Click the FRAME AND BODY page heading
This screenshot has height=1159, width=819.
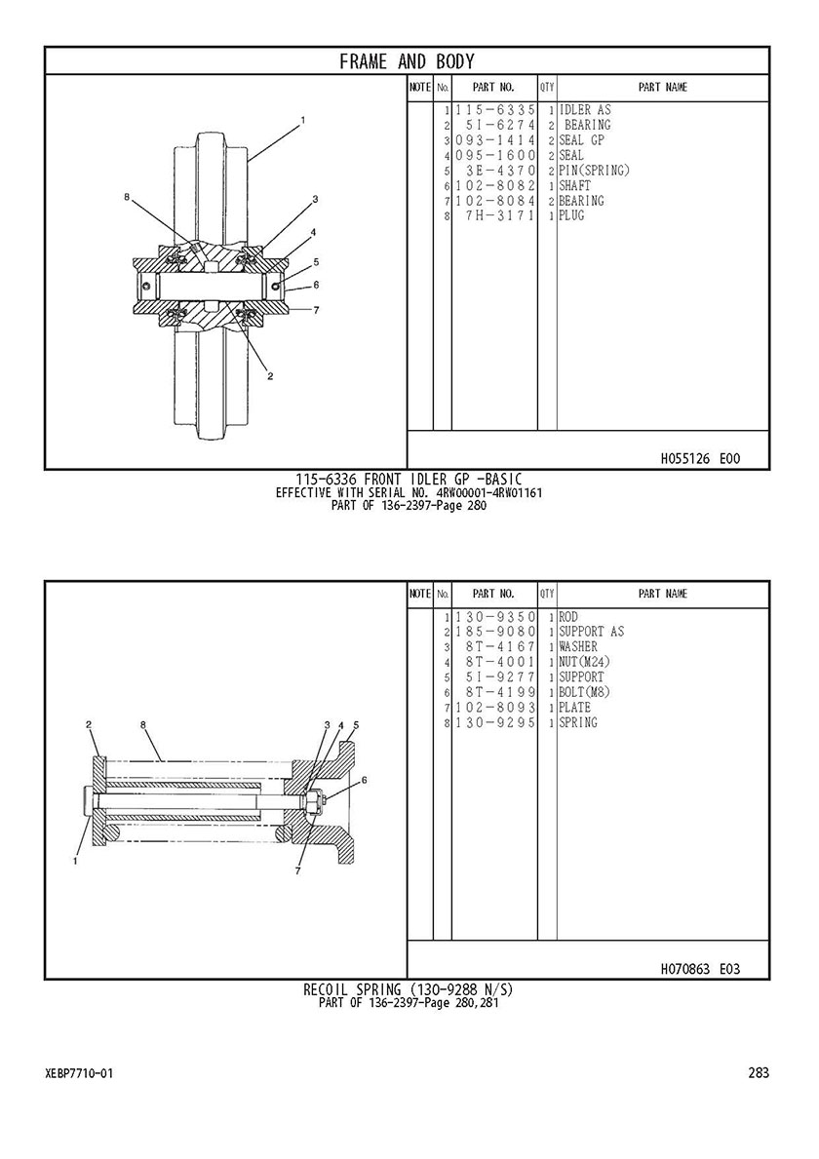click(408, 61)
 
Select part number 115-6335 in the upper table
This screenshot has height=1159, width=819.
click(494, 110)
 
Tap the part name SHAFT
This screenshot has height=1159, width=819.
click(575, 185)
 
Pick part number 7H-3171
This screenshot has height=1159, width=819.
click(499, 215)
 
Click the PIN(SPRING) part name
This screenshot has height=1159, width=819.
click(595, 171)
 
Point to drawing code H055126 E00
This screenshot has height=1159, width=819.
click(700, 459)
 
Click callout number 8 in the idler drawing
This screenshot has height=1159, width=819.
click(127, 197)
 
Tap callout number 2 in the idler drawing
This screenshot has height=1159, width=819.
click(270, 376)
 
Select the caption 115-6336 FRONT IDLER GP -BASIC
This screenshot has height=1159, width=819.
click(409, 479)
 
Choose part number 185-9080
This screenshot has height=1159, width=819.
click(494, 632)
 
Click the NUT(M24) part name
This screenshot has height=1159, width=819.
click(585, 662)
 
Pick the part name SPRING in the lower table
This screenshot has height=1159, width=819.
click(578, 723)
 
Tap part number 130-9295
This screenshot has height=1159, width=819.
click(494, 723)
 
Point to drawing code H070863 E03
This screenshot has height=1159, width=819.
click(700, 969)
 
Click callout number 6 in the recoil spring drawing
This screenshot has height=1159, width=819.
click(364, 779)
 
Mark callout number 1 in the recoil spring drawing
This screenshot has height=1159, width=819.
click(75, 860)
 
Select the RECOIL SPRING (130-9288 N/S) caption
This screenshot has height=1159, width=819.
click(408, 989)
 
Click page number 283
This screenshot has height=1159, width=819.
click(759, 1072)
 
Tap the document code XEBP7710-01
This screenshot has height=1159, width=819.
click(79, 1073)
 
